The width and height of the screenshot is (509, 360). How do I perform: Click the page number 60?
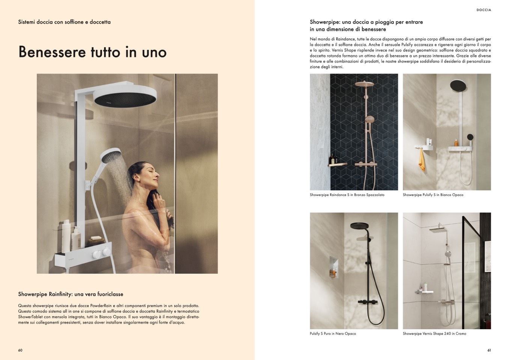click(20, 350)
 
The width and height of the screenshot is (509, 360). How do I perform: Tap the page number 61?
click(489, 350)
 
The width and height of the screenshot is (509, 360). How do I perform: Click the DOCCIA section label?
click(484, 10)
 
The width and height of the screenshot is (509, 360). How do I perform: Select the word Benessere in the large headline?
click(52, 52)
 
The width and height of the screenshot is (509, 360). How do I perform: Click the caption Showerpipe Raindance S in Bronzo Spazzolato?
click(347, 195)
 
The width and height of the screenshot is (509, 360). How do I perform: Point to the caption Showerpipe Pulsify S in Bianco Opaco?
click(433, 195)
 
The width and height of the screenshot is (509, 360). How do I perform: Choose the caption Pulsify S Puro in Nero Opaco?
click(333, 334)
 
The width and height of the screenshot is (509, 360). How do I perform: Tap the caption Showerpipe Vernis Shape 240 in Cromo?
click(434, 334)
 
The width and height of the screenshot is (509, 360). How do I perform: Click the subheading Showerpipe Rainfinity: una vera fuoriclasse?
click(71, 294)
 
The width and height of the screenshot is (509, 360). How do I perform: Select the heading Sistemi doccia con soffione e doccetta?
click(64, 22)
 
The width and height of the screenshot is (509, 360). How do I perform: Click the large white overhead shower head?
click(125, 98)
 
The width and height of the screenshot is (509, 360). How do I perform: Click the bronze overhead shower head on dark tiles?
click(364, 84)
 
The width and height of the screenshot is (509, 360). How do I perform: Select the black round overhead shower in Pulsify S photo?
click(458, 88)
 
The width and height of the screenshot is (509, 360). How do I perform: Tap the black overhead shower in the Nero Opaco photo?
click(359, 226)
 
